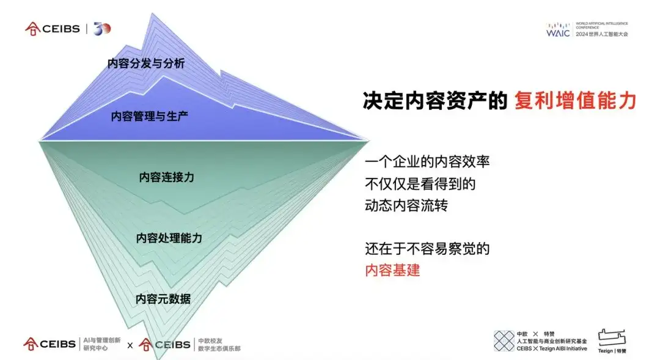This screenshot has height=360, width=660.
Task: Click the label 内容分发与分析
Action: coord(145,63)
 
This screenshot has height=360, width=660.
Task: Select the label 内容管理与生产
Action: coord(149,116)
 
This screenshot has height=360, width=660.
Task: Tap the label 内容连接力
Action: coord(166,177)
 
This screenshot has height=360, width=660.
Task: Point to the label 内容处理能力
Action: coord(169,238)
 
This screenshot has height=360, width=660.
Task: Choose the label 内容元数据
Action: coord(163,298)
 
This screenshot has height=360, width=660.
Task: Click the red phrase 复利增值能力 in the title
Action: coord(575,101)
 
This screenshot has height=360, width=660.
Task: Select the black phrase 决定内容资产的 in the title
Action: coord(435,101)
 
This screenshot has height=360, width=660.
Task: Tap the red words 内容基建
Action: coord(392,270)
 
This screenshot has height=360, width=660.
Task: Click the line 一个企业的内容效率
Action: coord(427,162)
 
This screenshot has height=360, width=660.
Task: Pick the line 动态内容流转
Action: coord(406,205)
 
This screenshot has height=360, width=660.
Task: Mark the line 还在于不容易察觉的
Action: coord(427,249)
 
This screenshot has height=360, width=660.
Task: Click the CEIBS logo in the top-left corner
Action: coord(53,28)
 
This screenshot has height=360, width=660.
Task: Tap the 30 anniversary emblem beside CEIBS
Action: coord(102,28)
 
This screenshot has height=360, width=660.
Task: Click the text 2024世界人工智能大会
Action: coord(601,34)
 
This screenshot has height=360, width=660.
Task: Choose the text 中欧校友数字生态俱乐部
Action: coord(219,344)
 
